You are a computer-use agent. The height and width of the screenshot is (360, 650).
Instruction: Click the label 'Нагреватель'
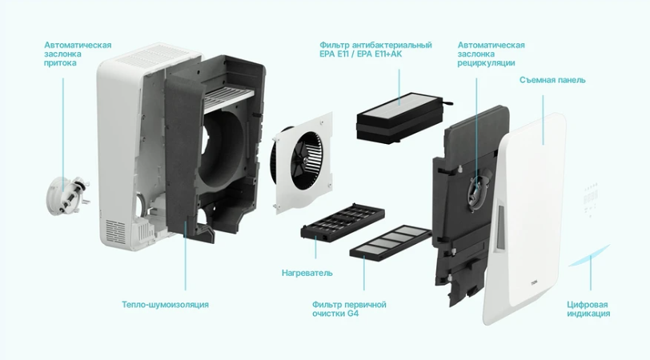point(307,273)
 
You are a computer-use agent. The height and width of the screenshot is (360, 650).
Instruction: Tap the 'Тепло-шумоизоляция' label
point(165,305)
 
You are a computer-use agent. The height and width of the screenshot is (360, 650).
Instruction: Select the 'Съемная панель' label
point(552,80)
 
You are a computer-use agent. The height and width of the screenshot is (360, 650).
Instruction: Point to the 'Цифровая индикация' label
point(588,309)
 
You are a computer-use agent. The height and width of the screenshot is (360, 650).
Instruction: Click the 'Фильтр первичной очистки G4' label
point(349,309)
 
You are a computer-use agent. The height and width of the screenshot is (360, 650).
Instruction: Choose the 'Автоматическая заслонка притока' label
point(78,54)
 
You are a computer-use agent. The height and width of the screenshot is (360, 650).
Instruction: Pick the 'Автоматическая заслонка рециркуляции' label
point(491,54)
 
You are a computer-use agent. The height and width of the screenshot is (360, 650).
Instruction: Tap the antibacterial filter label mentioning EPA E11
point(375,50)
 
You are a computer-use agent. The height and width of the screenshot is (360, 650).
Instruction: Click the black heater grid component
point(343,222)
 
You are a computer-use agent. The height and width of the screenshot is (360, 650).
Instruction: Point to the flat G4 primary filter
point(391,241)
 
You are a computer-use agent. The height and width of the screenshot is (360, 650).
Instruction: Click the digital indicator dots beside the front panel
point(590,199)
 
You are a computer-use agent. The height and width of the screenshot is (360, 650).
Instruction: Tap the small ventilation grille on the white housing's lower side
point(114,232)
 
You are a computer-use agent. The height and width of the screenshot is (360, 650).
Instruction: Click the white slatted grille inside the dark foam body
point(228,99)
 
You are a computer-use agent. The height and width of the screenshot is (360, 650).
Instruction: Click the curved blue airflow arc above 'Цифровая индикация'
point(588,256)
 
